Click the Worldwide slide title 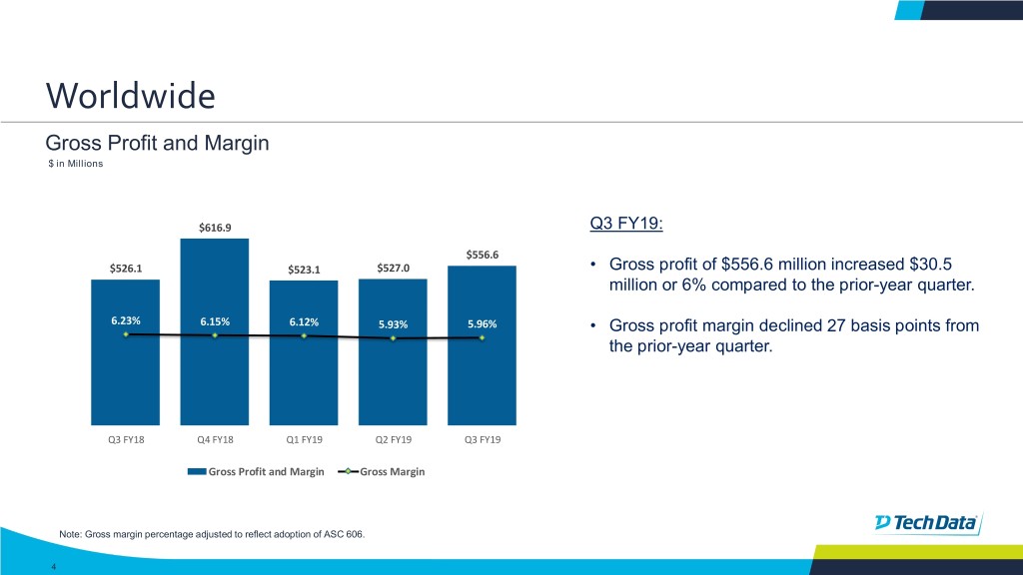coord(130,96)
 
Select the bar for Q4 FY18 coord(215,329)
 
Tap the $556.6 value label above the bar coord(482,254)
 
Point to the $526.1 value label coord(125,268)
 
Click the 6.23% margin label coord(125,320)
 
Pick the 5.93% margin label coord(393,322)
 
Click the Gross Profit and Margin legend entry coord(265,471)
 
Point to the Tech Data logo coord(928,523)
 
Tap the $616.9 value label coord(215,228)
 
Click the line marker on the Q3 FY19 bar coord(482,337)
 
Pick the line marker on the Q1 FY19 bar coord(304,336)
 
